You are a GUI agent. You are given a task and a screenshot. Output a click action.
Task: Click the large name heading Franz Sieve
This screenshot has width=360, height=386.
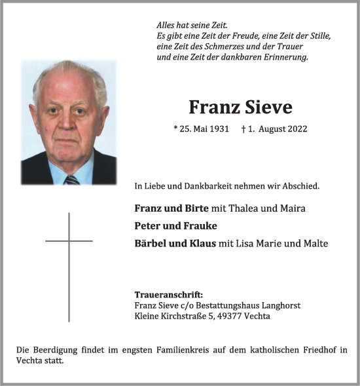pyautogui.click(x=240, y=107)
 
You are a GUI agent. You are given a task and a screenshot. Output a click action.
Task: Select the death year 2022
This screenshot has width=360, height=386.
pyautogui.click(x=295, y=130)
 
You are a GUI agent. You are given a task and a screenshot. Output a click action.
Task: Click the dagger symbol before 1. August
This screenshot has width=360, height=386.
pyautogui.click(x=243, y=130)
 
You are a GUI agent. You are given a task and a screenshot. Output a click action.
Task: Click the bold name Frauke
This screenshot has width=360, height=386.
pyautogui.click(x=203, y=226)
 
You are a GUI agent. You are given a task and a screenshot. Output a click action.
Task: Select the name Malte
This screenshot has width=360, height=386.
pyautogui.click(x=315, y=244)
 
